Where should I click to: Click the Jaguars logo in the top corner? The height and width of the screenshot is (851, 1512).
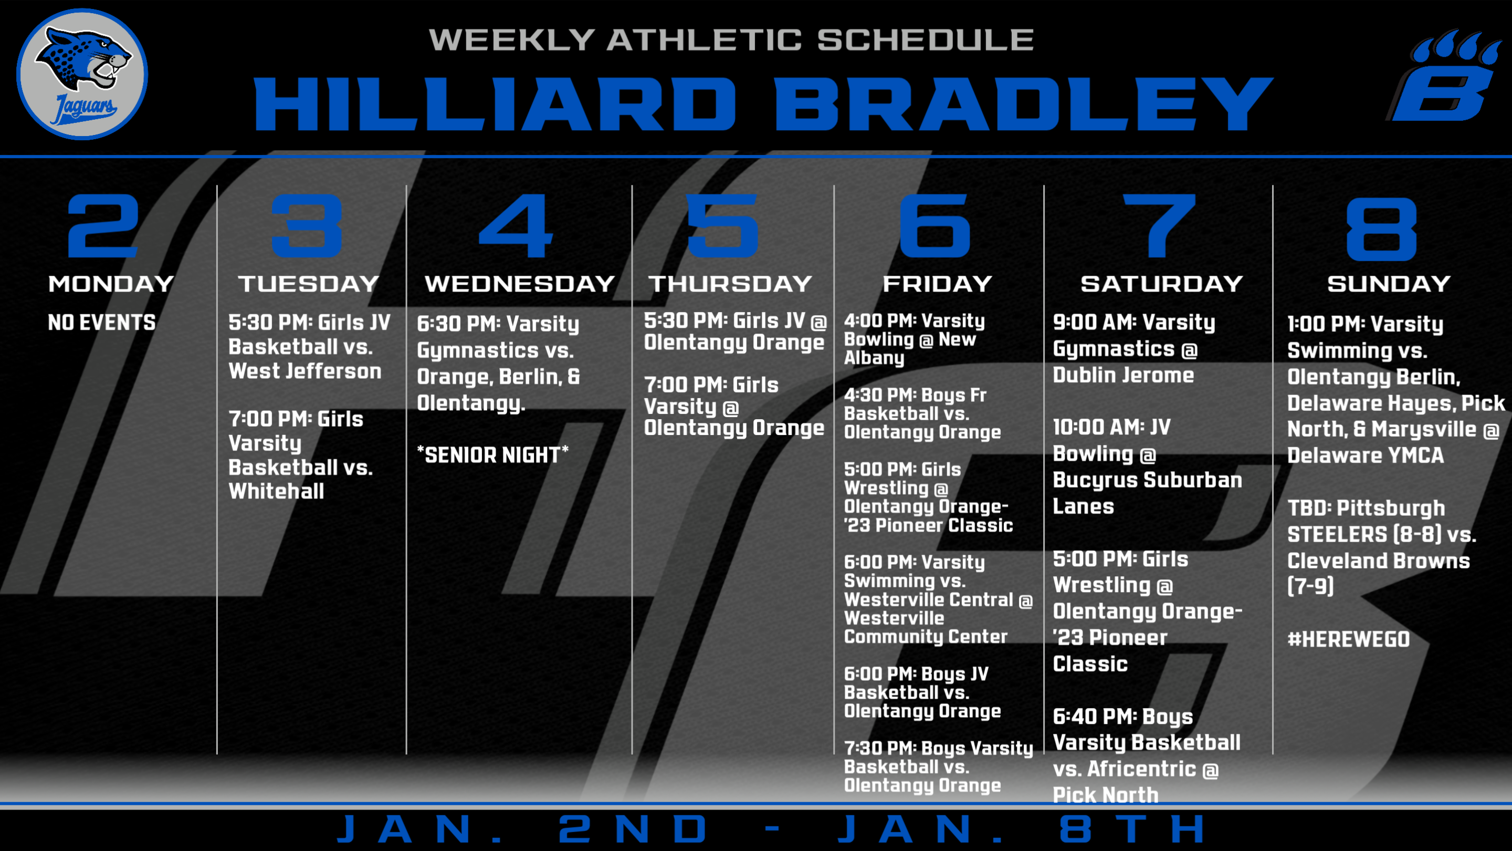82,74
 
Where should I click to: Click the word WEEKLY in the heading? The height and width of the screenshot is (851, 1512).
512,39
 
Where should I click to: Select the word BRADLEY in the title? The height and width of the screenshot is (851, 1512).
1023,104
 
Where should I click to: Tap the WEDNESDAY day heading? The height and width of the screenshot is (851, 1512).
519,284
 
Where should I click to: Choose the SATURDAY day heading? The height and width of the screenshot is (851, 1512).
1162,284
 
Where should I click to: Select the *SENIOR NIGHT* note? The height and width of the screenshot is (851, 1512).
492,454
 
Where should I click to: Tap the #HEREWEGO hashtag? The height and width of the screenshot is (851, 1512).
1348,639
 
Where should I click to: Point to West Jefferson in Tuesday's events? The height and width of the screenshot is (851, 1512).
304,371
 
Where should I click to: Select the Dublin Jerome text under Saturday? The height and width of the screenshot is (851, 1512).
1123,375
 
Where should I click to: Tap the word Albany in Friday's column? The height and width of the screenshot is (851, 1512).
874,358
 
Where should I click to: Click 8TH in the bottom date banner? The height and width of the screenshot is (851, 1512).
1133,829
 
